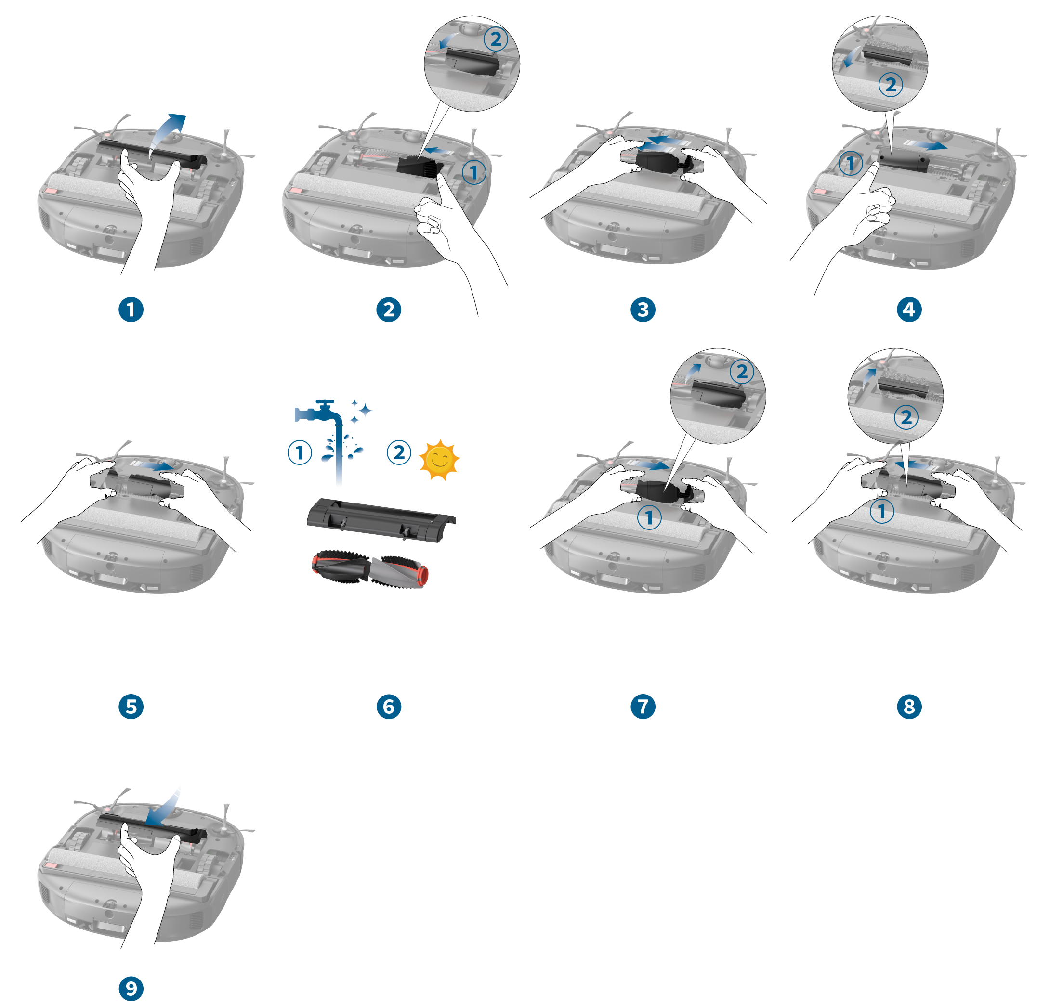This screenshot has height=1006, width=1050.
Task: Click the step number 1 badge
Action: pos(131,310)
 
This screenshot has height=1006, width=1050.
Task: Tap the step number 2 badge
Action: pos(388,310)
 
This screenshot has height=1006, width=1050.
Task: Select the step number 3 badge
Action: pos(643,310)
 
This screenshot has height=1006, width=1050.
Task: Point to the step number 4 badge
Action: pos(908,310)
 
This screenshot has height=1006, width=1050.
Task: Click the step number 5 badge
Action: pos(131,706)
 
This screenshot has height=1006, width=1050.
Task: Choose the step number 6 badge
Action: pos(388,706)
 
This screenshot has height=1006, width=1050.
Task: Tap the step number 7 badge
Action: pos(643,706)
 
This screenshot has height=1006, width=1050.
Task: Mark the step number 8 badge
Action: pos(908,706)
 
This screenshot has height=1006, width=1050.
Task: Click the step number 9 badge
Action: pos(131,988)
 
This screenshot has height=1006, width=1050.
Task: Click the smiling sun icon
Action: pos(439,459)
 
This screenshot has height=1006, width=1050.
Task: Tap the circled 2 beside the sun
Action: pos(399,453)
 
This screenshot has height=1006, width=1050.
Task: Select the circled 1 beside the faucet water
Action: pos(300,453)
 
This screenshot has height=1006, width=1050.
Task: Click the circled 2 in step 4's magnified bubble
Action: pos(891,85)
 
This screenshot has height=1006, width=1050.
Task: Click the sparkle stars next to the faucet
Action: pos(360,410)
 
